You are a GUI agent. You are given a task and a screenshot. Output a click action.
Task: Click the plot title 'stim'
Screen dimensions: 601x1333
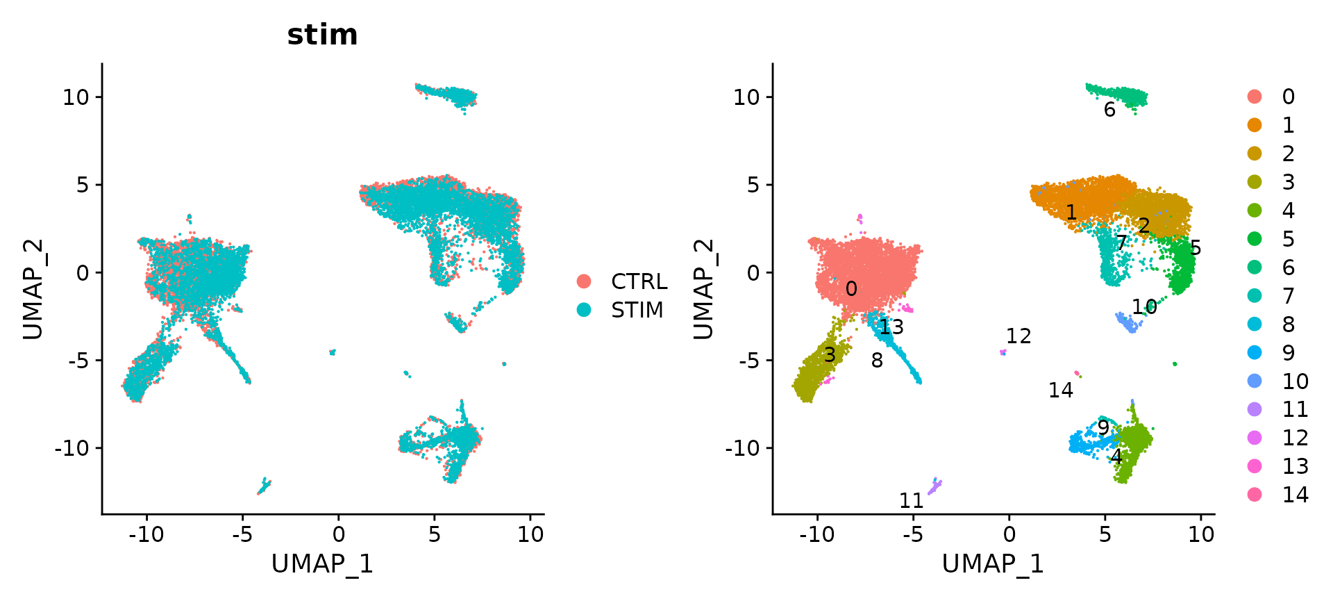[322, 35]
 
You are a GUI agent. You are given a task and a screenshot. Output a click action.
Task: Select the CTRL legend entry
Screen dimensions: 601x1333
[638, 281]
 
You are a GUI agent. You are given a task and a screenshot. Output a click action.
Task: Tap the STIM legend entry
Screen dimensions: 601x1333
[637, 310]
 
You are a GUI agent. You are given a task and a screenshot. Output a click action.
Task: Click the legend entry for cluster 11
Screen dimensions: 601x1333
[1295, 409]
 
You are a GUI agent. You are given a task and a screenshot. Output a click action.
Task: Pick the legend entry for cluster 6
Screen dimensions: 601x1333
[1288, 267]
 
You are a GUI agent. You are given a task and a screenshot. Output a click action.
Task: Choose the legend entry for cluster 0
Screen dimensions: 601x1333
[1288, 97]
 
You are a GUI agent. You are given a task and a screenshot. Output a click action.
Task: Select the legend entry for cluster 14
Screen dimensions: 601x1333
[1295, 495]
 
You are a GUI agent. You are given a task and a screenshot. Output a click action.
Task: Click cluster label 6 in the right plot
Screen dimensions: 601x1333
[1109, 110]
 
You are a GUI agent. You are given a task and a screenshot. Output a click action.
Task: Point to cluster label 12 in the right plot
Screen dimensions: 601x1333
[1018, 336]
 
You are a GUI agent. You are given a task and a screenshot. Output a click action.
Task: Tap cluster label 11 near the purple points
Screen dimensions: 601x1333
[912, 500]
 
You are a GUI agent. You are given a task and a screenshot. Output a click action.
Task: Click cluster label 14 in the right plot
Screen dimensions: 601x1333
[1061, 390]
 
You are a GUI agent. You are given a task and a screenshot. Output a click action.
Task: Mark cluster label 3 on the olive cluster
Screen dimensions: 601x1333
[829, 356]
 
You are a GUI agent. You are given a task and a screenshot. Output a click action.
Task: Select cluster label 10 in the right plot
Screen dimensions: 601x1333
[1144, 306]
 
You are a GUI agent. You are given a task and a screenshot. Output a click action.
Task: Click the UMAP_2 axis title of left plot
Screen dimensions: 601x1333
[33, 289]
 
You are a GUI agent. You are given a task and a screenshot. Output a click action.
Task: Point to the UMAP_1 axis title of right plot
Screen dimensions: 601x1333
[993, 564]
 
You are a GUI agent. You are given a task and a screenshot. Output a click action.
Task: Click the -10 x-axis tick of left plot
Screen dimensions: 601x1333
[146, 534]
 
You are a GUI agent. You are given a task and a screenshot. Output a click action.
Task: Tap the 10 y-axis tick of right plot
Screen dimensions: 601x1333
[747, 97]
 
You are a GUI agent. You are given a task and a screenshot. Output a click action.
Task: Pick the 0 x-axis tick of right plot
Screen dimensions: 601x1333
[1009, 534]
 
